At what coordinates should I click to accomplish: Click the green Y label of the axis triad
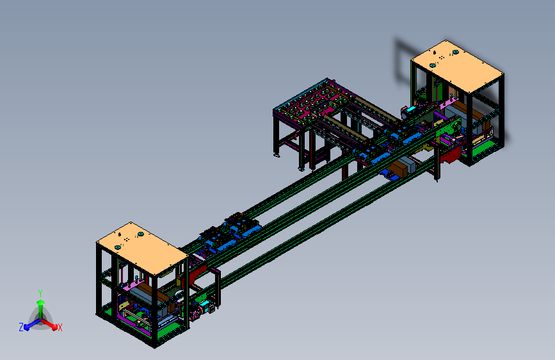pyautogui.click(x=40, y=293)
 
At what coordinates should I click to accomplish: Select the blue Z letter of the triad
pyautogui.click(x=21, y=327)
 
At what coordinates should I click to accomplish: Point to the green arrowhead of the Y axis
pyautogui.click(x=41, y=302)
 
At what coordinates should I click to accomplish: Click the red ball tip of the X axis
pyautogui.click(x=54, y=327)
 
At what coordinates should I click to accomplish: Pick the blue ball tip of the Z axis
pyautogui.click(x=26, y=327)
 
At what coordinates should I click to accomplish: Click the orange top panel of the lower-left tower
pyautogui.click(x=141, y=247)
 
